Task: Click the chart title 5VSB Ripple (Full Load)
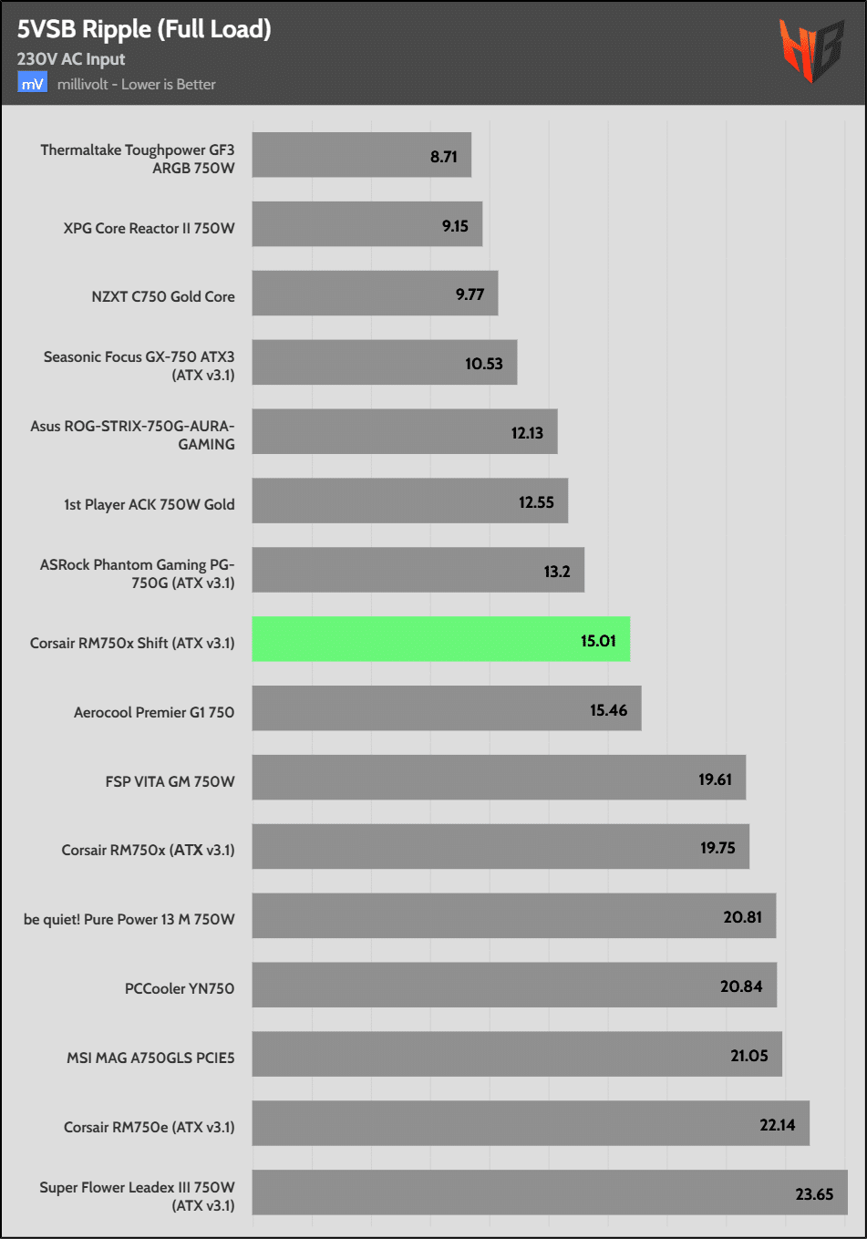click(x=144, y=29)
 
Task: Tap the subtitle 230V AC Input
click(x=71, y=59)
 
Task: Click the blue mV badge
click(x=32, y=84)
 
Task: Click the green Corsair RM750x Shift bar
click(x=440, y=639)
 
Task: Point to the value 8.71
click(x=444, y=157)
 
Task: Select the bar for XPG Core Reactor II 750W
click(x=366, y=224)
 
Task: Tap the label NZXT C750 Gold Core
click(x=163, y=296)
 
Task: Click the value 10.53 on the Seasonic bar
click(x=484, y=364)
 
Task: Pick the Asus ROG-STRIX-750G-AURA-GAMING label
click(x=133, y=435)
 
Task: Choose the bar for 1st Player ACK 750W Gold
click(x=409, y=501)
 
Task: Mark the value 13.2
click(x=557, y=572)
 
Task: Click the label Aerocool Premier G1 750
click(x=154, y=712)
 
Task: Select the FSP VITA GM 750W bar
click(x=499, y=778)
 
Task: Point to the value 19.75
click(x=717, y=848)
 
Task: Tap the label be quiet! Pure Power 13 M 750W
click(x=129, y=919)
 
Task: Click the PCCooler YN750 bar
click(x=514, y=985)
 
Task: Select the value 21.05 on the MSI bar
click(x=749, y=1056)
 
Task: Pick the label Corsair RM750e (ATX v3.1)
click(x=150, y=1127)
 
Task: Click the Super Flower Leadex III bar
click(x=549, y=1193)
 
